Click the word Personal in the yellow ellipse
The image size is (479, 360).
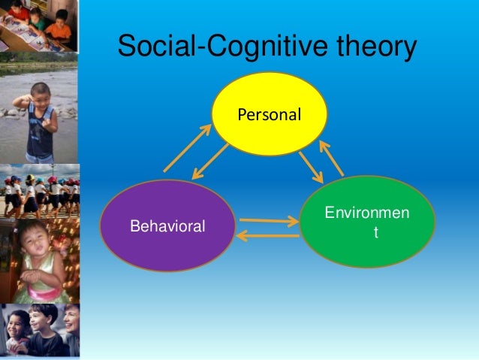[269, 115]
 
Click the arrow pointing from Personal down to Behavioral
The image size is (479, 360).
[211, 161]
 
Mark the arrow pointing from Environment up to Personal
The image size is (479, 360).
[331, 157]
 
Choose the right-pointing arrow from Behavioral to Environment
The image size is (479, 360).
[268, 221]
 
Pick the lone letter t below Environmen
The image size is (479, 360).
[376, 234]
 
